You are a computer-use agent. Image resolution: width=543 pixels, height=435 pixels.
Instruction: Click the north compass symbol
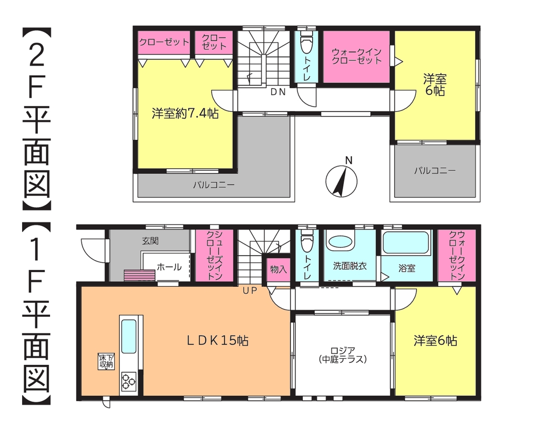(341, 181)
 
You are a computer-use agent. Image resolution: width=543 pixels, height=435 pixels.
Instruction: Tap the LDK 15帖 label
(218, 341)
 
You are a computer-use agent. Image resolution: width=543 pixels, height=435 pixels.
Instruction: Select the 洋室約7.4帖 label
(185, 113)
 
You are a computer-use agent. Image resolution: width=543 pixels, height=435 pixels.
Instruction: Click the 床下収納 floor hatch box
(106, 362)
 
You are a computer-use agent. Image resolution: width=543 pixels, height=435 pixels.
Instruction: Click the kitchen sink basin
(129, 336)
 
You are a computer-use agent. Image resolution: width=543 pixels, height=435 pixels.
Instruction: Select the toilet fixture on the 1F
(307, 240)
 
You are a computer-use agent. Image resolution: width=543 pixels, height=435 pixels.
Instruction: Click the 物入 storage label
(278, 269)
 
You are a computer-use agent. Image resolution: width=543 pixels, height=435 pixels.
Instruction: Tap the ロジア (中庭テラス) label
(343, 355)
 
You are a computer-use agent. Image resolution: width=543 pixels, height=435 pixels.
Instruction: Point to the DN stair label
(278, 92)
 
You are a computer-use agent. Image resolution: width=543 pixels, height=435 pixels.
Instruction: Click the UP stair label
(250, 291)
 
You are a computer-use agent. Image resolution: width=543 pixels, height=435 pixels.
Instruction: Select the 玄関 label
(150, 241)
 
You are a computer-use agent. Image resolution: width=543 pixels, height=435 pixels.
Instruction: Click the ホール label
(169, 267)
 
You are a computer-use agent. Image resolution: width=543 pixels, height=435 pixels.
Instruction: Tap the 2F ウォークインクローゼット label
(356, 56)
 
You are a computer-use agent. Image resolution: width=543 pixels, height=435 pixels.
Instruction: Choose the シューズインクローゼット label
(214, 255)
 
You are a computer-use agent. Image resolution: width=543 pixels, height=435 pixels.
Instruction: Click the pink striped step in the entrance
(139, 275)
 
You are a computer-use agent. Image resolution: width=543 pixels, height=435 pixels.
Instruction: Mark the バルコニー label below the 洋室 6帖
(435, 171)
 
